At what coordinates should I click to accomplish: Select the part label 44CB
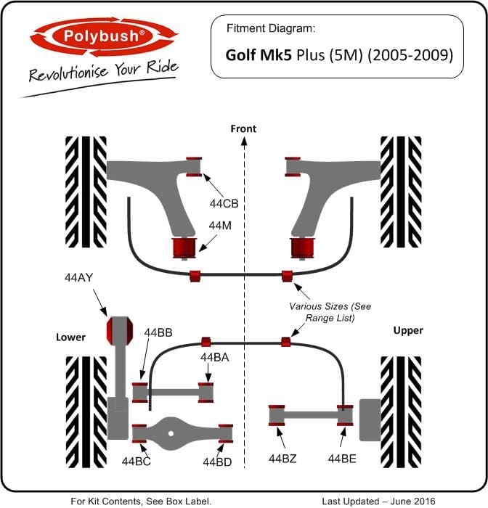pos(224,203)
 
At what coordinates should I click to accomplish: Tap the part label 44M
pos(220,226)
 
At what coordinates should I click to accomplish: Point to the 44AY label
pos(79,277)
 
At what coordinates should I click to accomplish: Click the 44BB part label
pos(158,332)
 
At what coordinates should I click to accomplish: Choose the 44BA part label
pos(215,357)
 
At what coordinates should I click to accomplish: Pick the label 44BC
pos(137,462)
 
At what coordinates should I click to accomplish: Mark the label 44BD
pos(217,462)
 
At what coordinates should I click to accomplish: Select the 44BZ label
pos(282,459)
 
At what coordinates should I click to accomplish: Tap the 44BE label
pos(342,459)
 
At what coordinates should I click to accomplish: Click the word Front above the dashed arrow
pos(243,128)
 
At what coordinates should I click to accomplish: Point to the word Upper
pos(408,331)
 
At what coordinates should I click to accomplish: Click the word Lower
pos(70,337)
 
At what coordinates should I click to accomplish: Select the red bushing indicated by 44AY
pos(120,330)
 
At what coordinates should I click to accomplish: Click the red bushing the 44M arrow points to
pos(184,248)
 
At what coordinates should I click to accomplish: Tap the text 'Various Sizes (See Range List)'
pos(330,312)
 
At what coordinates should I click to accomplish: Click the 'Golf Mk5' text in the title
pos(257,54)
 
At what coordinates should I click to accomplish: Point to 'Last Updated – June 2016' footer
pos(379,501)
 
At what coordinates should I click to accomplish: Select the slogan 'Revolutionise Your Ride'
pos(104,70)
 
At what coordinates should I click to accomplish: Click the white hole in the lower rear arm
pos(171,433)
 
